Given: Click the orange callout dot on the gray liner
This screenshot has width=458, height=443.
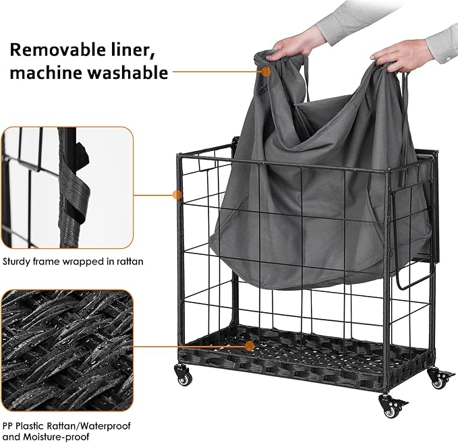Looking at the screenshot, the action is click(266, 71).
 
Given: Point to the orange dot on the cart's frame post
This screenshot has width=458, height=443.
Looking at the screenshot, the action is click(177, 195).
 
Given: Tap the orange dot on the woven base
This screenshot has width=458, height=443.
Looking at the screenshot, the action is click(250, 347).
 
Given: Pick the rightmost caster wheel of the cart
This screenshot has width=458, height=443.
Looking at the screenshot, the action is click(440, 379).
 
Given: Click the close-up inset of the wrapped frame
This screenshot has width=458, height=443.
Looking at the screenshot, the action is click(67, 187).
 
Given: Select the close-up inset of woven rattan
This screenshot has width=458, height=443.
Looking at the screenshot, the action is click(67, 351).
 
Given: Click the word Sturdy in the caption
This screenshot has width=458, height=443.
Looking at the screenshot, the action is click(16, 262).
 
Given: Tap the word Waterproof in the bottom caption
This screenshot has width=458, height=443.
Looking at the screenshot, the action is click(105, 426).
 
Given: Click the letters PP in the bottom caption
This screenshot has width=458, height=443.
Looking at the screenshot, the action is click(8, 426).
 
